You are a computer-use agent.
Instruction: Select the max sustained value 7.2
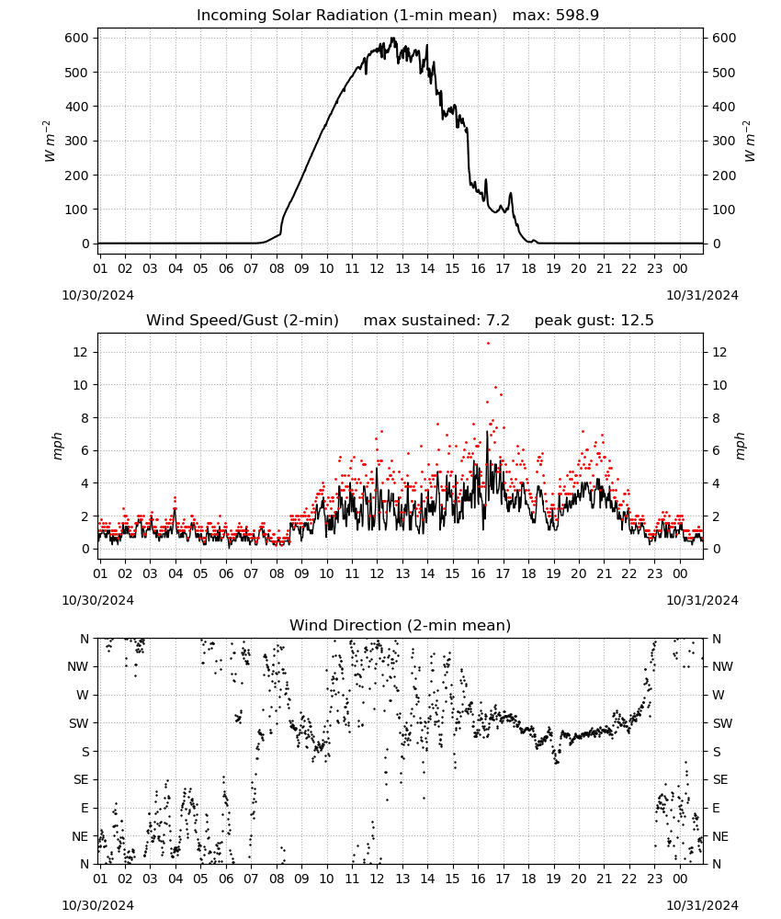coord(498,321)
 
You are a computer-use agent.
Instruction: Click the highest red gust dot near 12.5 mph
coord(488,344)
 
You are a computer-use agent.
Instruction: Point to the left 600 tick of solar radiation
coord(77,38)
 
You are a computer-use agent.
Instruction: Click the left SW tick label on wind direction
coord(79,723)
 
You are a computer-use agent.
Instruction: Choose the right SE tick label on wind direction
coord(720,779)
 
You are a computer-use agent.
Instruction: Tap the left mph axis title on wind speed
coord(57,446)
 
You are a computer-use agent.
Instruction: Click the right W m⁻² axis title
coord(750,142)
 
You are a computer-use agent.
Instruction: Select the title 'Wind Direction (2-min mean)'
coord(401,625)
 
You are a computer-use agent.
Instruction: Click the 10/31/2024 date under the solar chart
coord(702,295)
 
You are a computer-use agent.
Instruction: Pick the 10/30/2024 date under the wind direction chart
coord(97,905)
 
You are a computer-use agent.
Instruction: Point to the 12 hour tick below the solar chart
coord(377,268)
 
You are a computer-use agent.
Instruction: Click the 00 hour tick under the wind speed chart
coord(680,573)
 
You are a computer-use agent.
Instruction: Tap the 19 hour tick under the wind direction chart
coord(554,879)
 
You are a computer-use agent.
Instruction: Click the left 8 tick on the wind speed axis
coord(85,418)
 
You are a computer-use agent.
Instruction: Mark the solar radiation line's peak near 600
coord(393,38)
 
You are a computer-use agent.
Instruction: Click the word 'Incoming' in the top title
coord(225,16)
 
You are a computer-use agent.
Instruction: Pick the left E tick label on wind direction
coord(85,808)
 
